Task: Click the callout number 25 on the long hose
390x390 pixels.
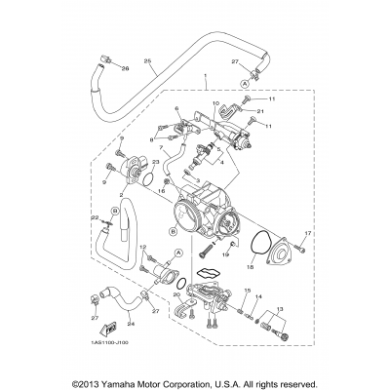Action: [x=149, y=62]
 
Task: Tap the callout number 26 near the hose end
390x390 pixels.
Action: [x=125, y=68]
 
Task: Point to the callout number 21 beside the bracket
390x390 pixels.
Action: [x=261, y=112]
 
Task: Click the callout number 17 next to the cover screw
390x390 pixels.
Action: [x=306, y=234]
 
